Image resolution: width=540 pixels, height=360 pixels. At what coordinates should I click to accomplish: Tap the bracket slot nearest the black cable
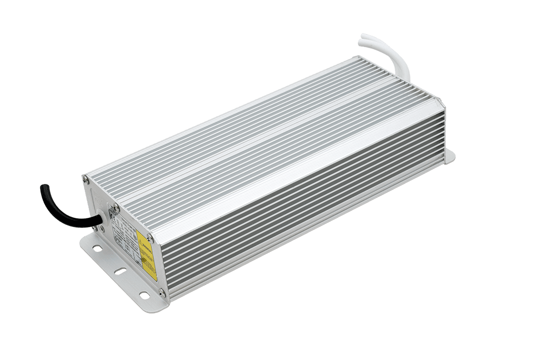96,247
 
